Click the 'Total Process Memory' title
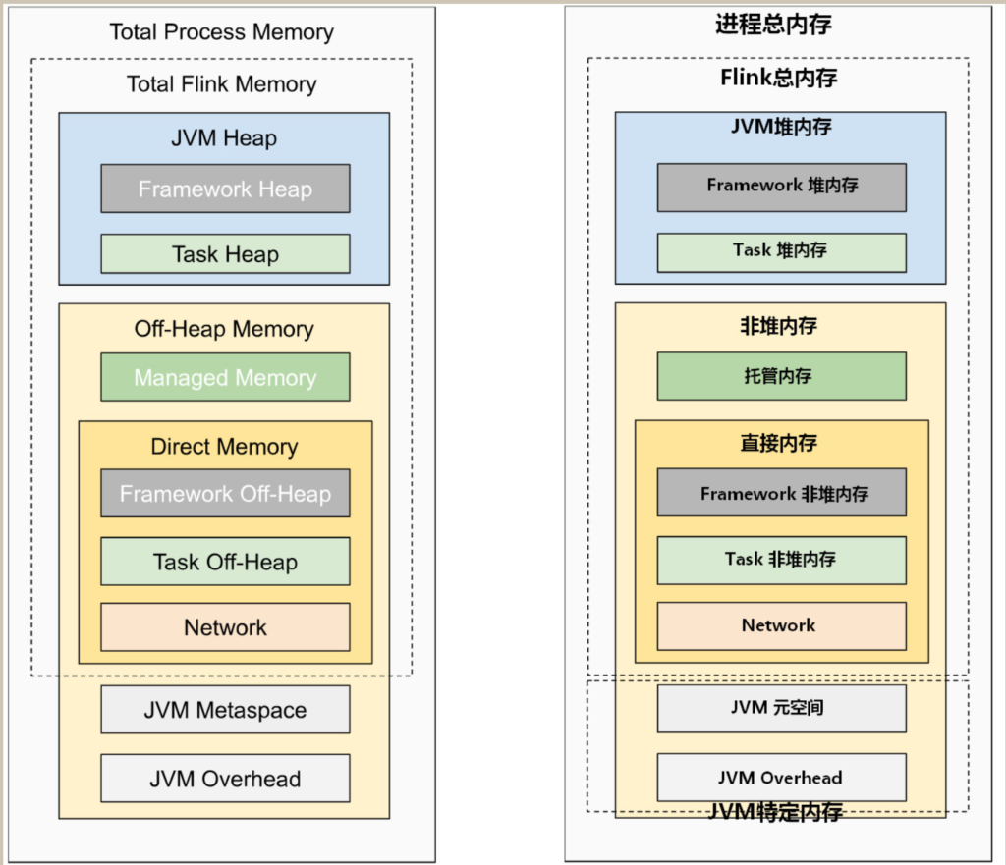click(x=221, y=32)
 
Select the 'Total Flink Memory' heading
click(x=221, y=84)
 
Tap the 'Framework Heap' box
click(x=225, y=189)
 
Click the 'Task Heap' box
click(x=225, y=254)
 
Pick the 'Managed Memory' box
click(x=225, y=377)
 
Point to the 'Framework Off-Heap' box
click(x=225, y=493)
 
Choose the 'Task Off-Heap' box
click(x=225, y=562)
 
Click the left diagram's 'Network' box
click(x=225, y=627)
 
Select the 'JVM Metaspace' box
click(x=225, y=710)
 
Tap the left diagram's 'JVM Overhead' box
click(x=225, y=779)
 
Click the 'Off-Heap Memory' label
click(x=224, y=329)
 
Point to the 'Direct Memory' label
click(x=225, y=447)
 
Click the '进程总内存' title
click(x=774, y=25)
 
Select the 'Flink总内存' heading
click(x=779, y=78)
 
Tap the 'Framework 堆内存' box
click(x=782, y=188)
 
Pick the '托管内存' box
click(x=782, y=376)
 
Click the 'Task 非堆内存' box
click(x=782, y=561)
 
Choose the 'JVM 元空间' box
click(x=782, y=709)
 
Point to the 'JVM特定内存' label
click(x=775, y=812)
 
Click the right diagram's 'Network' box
click(x=782, y=625)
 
